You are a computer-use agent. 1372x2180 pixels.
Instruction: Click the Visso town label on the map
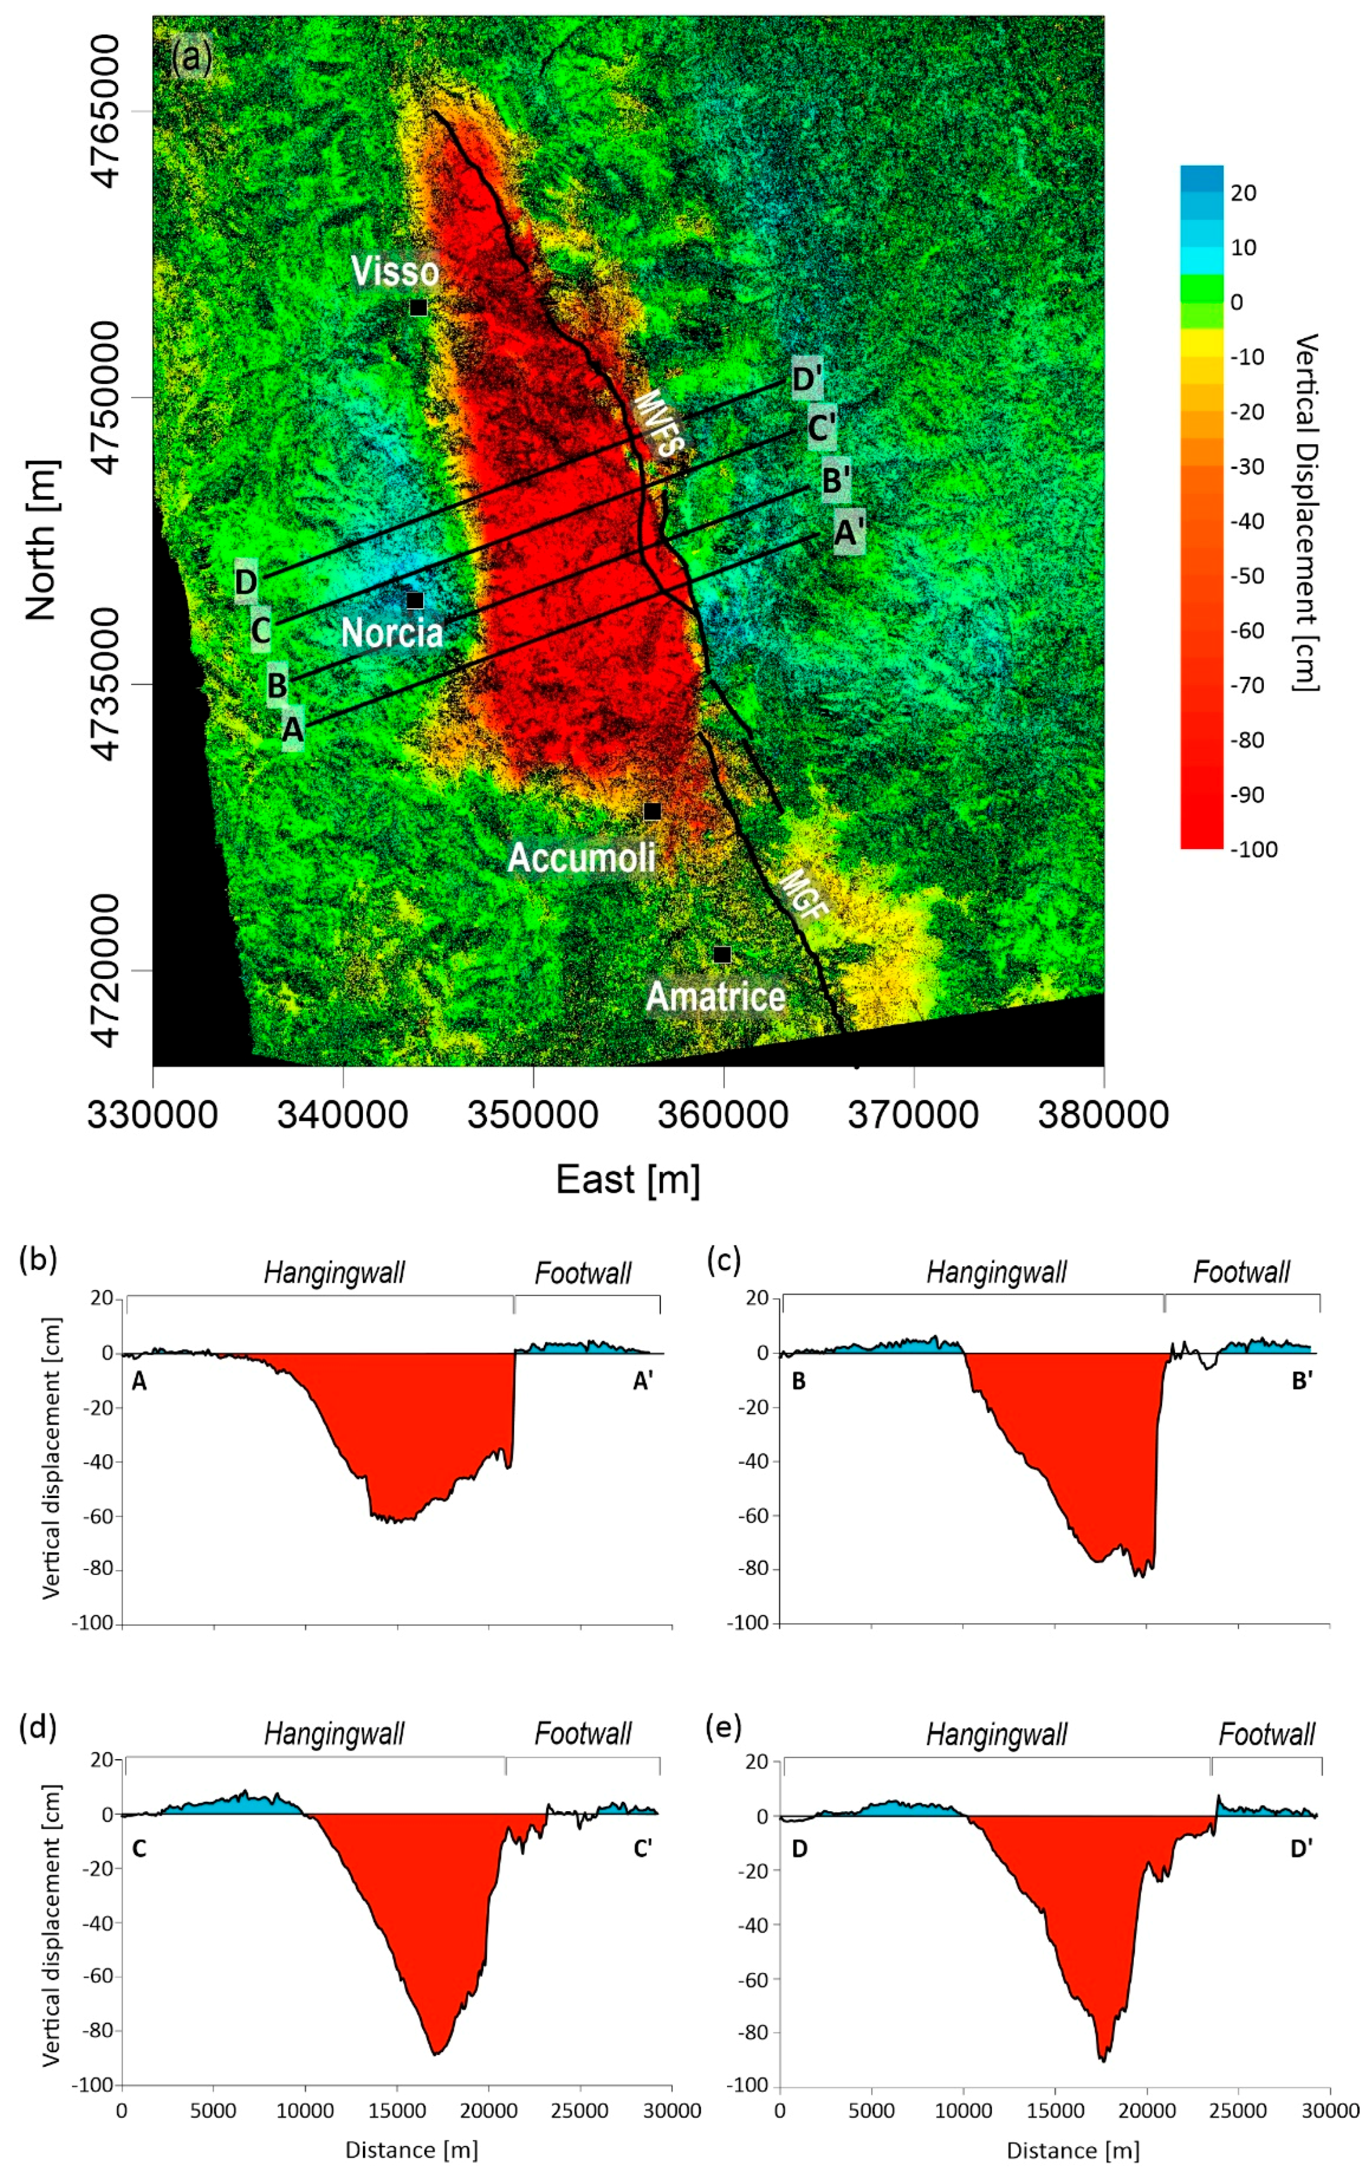click(x=395, y=272)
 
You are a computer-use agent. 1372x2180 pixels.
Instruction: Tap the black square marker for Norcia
click(x=415, y=600)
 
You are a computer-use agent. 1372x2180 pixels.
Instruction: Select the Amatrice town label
click(x=716, y=997)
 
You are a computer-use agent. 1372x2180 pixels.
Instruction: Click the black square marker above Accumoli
click(x=652, y=811)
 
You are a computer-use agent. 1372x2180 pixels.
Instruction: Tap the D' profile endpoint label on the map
click(x=806, y=379)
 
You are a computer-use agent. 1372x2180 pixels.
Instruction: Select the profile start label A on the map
click(x=291, y=729)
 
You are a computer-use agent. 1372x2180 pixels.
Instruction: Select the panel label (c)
click(x=724, y=1259)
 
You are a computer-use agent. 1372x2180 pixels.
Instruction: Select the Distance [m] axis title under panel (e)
click(x=1072, y=2150)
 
